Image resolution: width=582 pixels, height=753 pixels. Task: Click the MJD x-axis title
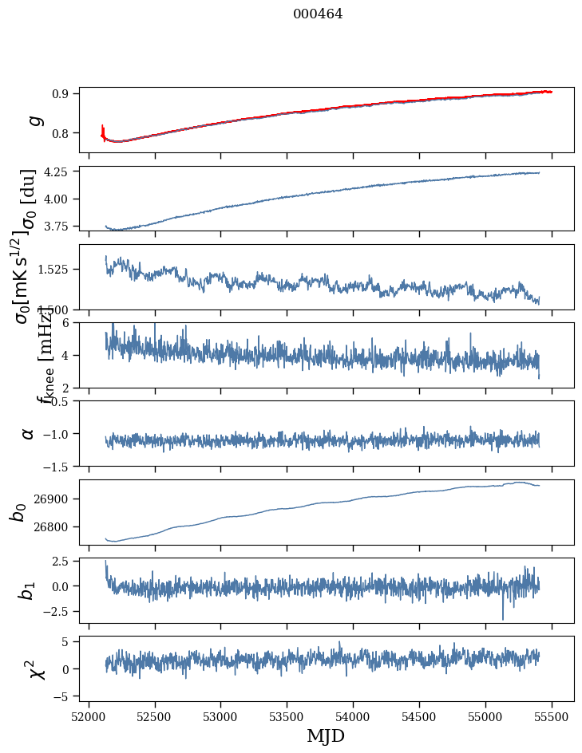[x=326, y=735]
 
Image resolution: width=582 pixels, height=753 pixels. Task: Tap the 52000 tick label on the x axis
[x=89, y=716]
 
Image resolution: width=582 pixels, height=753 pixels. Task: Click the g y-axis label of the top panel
[x=34, y=120]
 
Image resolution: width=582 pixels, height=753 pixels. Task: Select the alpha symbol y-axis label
[x=29, y=433]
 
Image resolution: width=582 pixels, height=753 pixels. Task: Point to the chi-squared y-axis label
[x=37, y=668]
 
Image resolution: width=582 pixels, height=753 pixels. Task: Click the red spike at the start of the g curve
[x=103, y=130]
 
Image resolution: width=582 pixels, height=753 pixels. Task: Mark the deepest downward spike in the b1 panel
[x=503, y=618]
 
